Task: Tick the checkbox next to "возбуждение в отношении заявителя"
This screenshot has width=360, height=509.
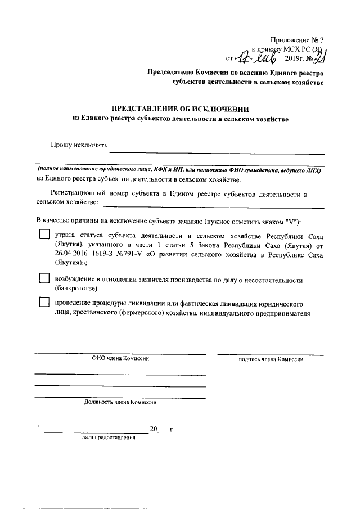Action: (x=44, y=278)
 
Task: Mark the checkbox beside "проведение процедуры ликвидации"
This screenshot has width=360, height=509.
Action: (x=44, y=302)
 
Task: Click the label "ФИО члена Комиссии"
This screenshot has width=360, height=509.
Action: (x=120, y=358)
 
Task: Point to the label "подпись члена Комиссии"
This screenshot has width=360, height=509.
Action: (x=271, y=359)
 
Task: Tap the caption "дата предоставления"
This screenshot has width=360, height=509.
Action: (x=108, y=437)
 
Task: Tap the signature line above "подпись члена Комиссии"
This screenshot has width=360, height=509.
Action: (x=271, y=354)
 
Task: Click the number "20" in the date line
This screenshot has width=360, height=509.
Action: (x=154, y=430)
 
